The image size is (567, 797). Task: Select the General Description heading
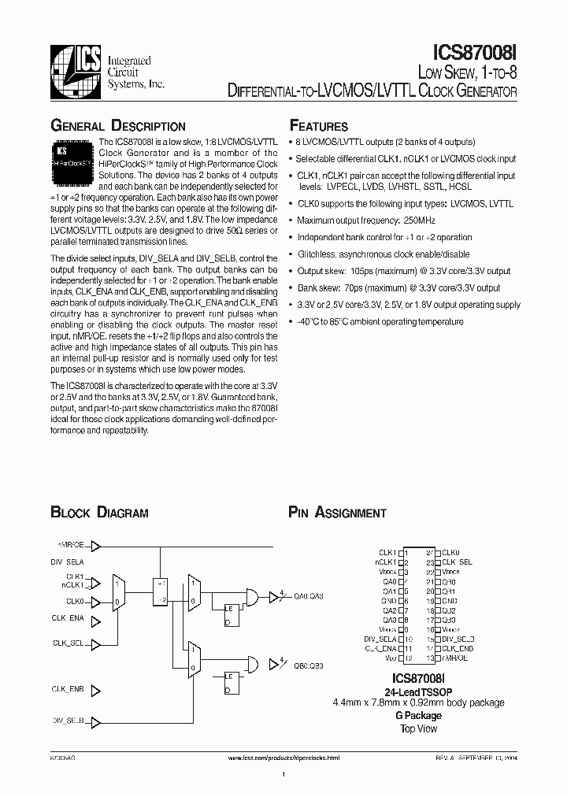(x=118, y=126)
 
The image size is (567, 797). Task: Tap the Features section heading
(x=319, y=126)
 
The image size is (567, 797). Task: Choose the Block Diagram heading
(x=99, y=513)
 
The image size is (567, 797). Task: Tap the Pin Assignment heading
(x=337, y=513)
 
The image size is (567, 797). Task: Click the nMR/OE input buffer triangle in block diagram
(x=95, y=545)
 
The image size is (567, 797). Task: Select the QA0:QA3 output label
(x=309, y=596)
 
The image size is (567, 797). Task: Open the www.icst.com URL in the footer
(x=283, y=757)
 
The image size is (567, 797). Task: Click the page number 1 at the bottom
(x=283, y=776)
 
